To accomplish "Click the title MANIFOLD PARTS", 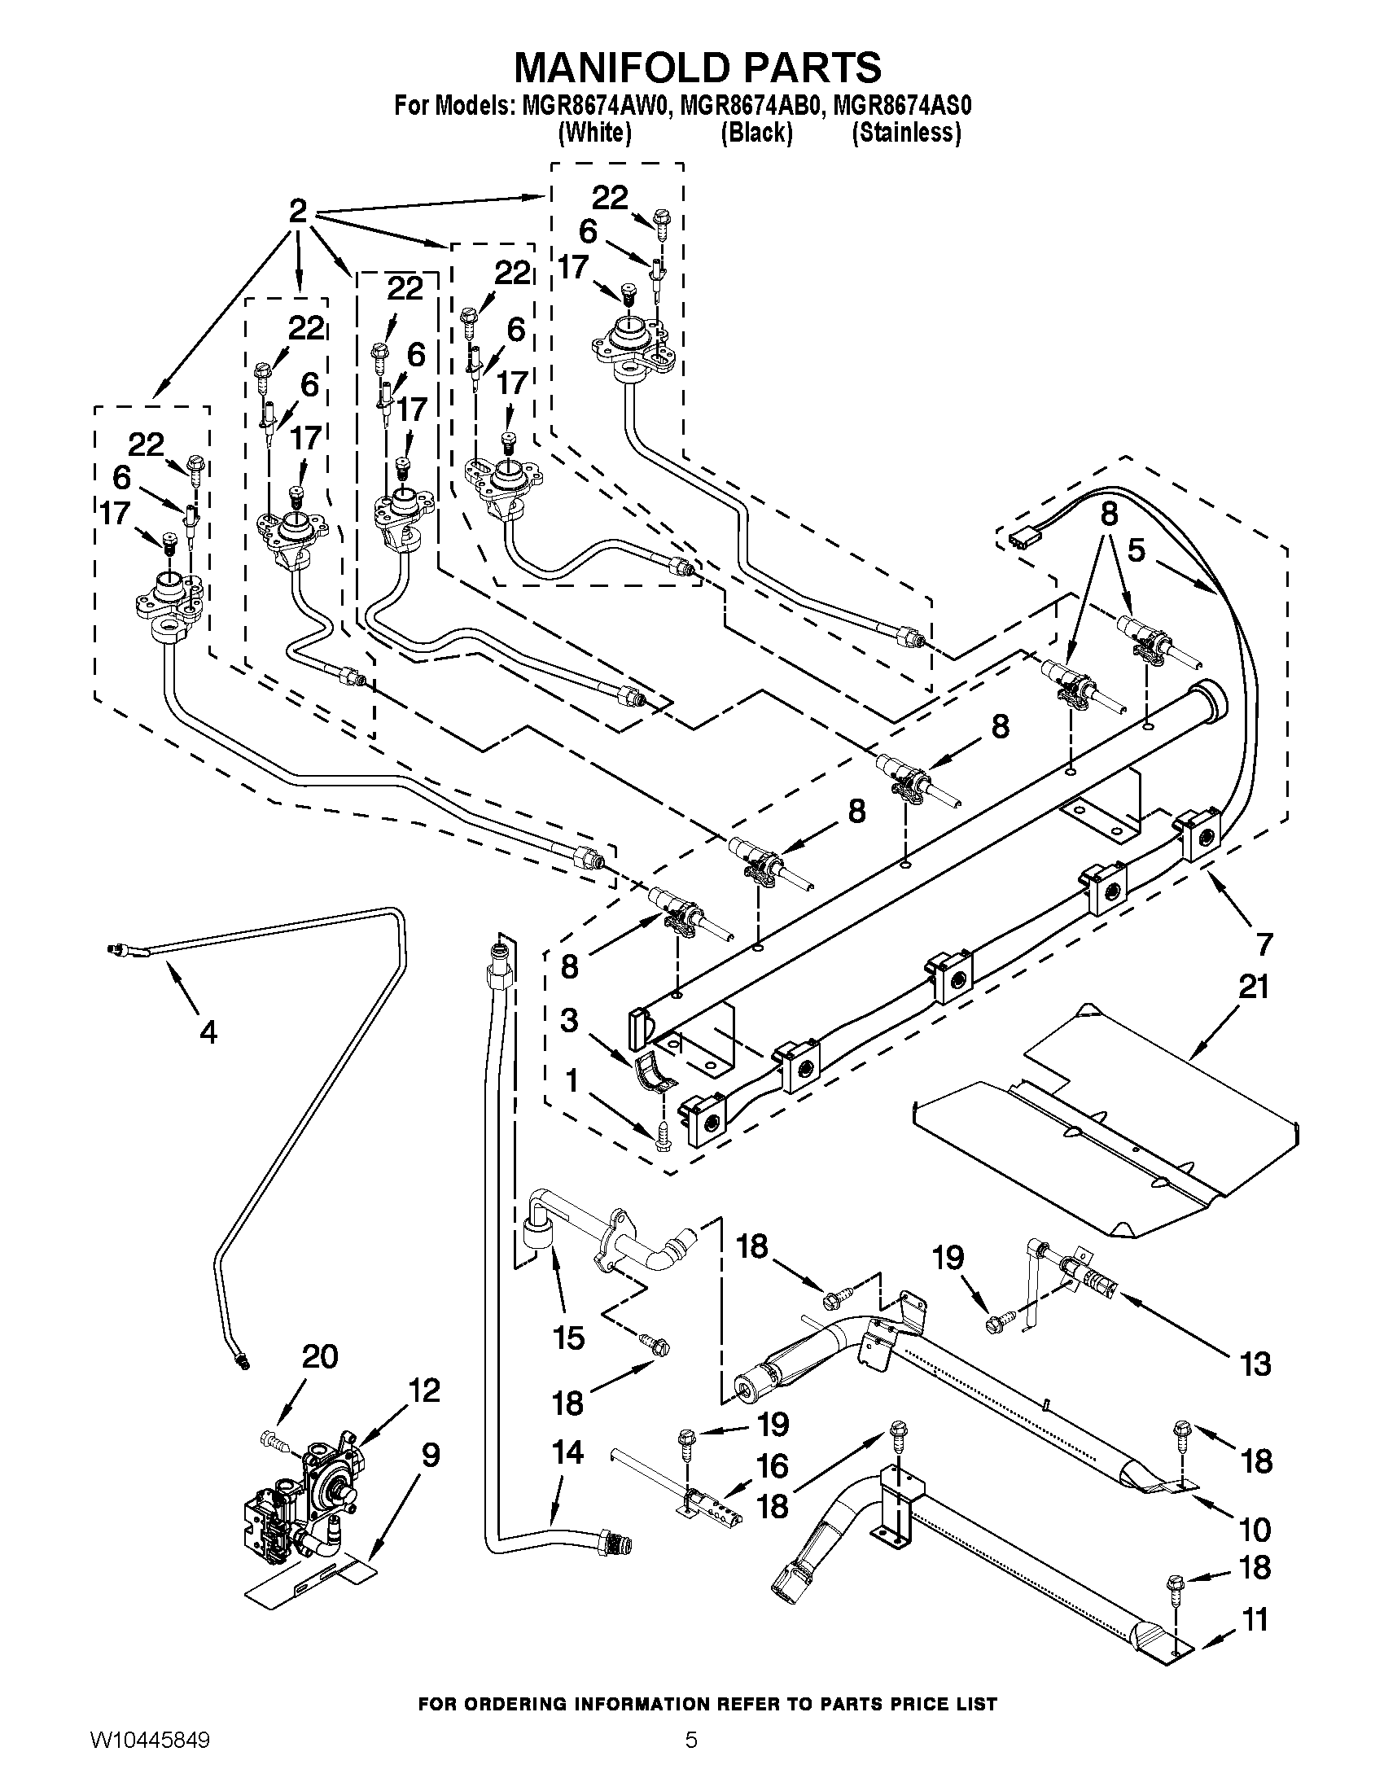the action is pos(698,68).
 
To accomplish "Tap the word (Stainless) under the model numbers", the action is pos(907,133).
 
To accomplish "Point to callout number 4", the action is pos(208,1032).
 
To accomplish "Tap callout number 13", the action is pos(1256,1364).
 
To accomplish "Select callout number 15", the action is pos(569,1338).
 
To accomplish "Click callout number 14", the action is pos(568,1453).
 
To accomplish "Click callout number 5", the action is pos(1136,551).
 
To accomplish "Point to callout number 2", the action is pos(298,212).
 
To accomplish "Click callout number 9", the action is pos(431,1456).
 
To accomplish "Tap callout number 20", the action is pos(320,1357).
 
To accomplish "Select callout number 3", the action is pos(569,1022).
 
